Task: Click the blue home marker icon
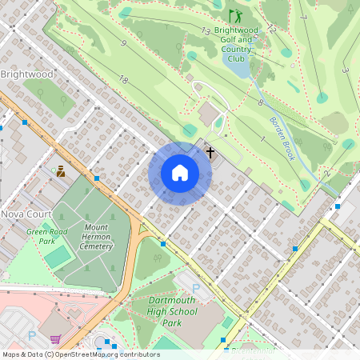click(180, 174)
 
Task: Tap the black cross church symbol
click(211, 151)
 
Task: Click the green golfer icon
click(234, 15)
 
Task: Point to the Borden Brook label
click(282, 134)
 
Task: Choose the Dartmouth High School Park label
click(172, 311)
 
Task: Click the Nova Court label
click(26, 214)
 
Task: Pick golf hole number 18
click(123, 79)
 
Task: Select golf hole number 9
click(124, 43)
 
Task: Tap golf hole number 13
click(206, 31)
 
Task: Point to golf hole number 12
click(272, 29)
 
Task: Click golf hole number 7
click(304, 16)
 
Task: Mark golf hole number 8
click(260, 102)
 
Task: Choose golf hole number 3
click(345, 70)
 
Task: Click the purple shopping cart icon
click(54, 339)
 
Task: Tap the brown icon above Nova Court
click(60, 170)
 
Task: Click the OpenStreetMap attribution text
click(80, 354)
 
